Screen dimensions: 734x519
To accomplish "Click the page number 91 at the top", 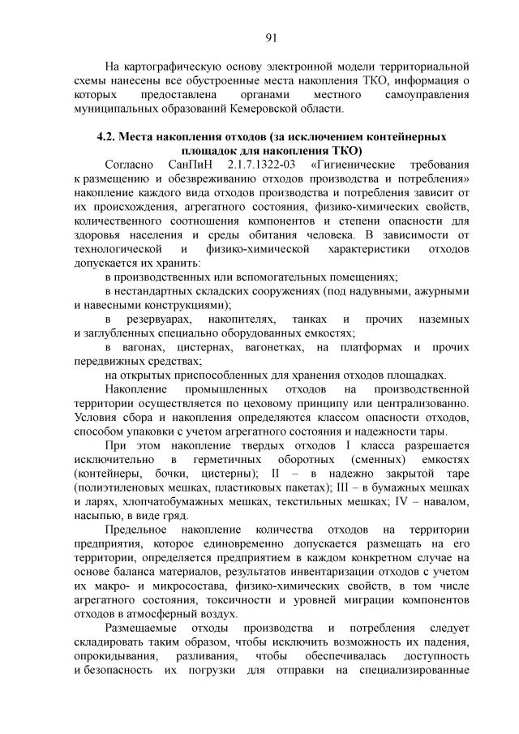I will tap(271, 36).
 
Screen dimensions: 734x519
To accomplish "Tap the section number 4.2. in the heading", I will tap(109, 137).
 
